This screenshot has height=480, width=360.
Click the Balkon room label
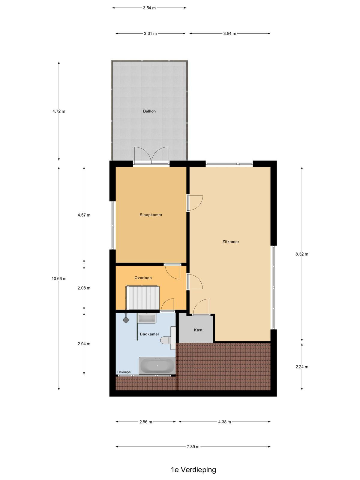coord(149,111)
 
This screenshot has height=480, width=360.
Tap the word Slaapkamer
coord(151,215)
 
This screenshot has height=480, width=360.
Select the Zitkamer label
coord(231,241)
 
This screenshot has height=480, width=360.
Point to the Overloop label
coord(143,278)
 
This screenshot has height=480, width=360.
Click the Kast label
coord(198,330)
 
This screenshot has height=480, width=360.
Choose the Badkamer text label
coord(149,334)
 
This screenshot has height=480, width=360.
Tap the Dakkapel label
coord(124,372)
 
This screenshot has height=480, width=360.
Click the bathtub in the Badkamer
coord(157,366)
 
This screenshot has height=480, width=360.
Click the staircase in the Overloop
coord(143,297)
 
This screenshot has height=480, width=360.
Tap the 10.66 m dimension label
coord(59,279)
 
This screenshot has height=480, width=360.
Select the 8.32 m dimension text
coord(302,254)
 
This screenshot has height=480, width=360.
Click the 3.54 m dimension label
coord(149,8)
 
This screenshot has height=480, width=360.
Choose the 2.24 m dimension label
coord(302,367)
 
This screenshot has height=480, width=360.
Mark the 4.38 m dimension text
coord(224,422)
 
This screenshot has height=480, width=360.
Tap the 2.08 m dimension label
coord(84,288)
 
